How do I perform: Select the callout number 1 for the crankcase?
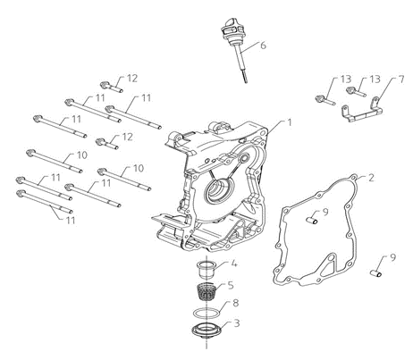(x=289, y=122)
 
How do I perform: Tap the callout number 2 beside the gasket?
(x=370, y=178)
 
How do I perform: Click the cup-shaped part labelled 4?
(x=206, y=269)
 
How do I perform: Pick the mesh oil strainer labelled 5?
(x=206, y=291)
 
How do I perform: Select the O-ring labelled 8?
(x=206, y=314)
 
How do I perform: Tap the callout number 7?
(x=400, y=80)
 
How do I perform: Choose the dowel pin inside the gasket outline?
(x=312, y=220)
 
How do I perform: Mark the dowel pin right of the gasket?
(x=376, y=272)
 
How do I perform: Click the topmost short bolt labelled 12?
(x=112, y=87)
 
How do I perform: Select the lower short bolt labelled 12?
(x=107, y=143)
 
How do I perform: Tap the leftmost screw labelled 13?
(x=325, y=100)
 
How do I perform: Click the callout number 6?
(x=263, y=46)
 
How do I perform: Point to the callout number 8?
(x=236, y=303)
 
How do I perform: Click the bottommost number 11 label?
(x=71, y=221)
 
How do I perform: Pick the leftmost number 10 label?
(x=81, y=155)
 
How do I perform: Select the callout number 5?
(x=231, y=285)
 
